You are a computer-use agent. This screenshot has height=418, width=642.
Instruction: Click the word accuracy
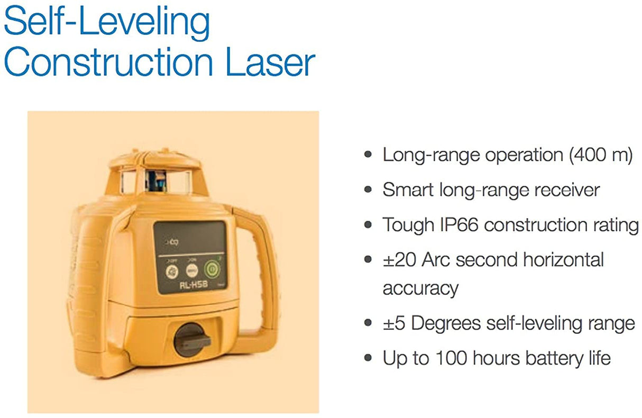click(420, 288)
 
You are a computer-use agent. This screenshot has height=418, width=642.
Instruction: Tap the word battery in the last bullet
click(545, 358)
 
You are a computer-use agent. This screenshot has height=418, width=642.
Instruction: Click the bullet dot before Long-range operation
click(368, 156)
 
